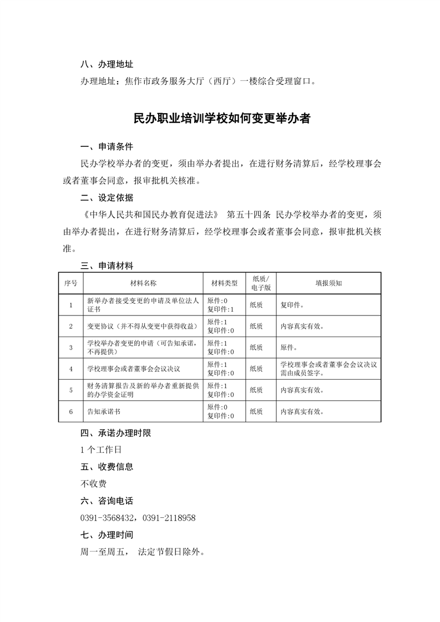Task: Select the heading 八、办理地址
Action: (107, 64)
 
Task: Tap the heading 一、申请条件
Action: (107, 147)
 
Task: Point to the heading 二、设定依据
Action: (107, 198)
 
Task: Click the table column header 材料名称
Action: (143, 283)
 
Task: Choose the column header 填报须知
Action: (328, 283)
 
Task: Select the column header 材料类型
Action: (224, 283)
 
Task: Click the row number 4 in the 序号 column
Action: (71, 369)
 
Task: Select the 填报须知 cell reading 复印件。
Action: (292, 304)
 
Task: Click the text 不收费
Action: (93, 483)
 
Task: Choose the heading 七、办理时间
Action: (107, 535)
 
